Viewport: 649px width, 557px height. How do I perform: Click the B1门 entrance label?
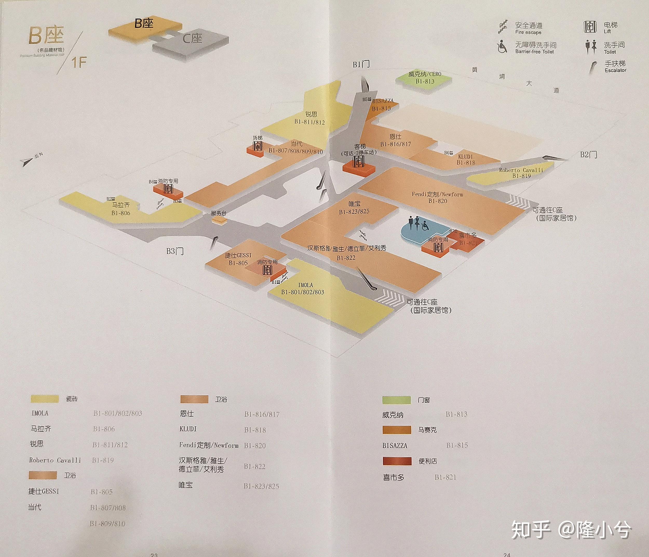pyautogui.click(x=361, y=65)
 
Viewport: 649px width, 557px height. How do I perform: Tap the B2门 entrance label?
pyautogui.click(x=588, y=155)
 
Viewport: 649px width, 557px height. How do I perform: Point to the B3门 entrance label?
pyautogui.click(x=175, y=251)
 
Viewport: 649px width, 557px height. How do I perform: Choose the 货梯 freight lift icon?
pyautogui.click(x=258, y=146)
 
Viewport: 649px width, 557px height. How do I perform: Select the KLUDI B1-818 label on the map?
pyautogui.click(x=465, y=159)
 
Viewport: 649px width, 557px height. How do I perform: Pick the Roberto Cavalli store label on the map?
pyautogui.click(x=521, y=173)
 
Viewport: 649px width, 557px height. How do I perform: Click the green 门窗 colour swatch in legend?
pyautogui.click(x=396, y=400)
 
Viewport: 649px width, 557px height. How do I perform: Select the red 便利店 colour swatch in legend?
pyautogui.click(x=397, y=461)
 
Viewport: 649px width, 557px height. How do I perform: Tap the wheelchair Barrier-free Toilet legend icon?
pyautogui.click(x=502, y=47)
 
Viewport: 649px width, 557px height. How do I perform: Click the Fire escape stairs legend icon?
pyautogui.click(x=503, y=27)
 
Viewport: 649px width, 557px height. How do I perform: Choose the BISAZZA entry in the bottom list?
pyautogui.click(x=395, y=445)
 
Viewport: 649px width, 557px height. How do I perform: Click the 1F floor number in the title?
pyautogui.click(x=78, y=62)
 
